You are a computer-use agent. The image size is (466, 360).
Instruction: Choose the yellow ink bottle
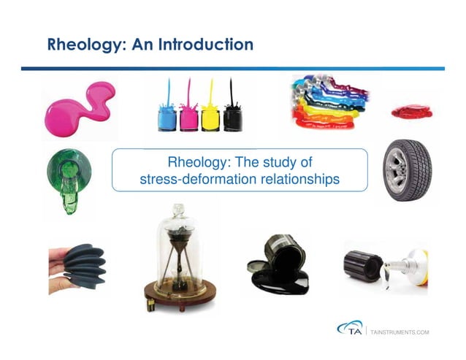210,116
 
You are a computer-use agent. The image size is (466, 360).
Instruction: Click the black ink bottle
232,116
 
